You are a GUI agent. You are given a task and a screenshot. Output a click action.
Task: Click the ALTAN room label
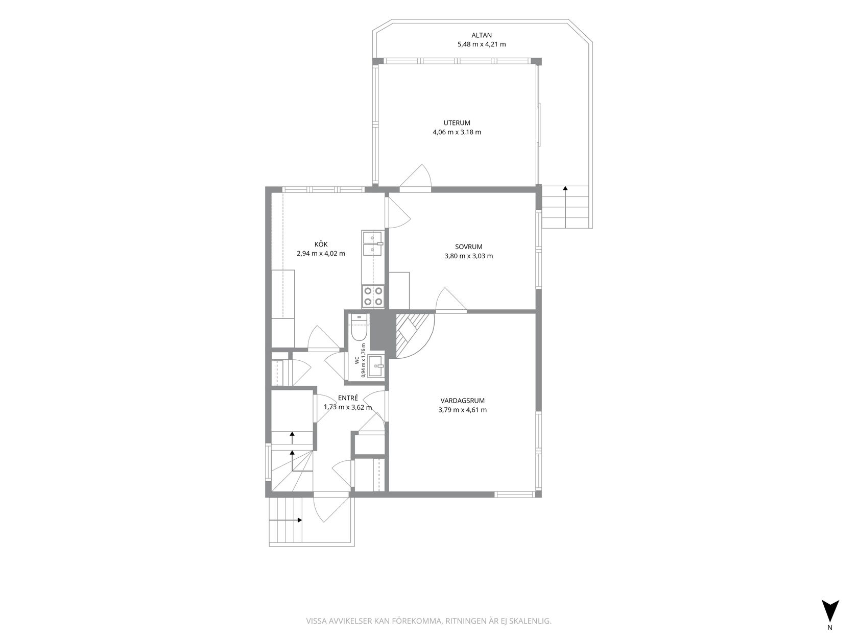(482, 35)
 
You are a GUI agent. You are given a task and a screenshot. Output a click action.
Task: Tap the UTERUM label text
(457, 123)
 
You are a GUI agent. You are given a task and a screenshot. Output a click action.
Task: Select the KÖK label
(321, 244)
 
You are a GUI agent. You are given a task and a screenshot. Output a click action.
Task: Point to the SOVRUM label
(468, 246)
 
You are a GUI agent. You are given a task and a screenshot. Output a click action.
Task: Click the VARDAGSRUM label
(462, 401)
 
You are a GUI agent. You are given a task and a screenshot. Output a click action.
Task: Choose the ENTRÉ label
(348, 398)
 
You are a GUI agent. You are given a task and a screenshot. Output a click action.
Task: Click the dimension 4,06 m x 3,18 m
(457, 132)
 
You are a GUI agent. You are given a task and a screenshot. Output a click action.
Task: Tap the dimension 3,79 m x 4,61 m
(462, 410)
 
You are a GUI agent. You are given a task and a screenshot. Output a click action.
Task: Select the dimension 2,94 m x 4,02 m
(321, 254)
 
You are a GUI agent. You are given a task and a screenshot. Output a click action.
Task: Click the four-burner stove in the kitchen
(373, 296)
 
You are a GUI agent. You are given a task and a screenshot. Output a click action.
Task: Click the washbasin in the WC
(376, 366)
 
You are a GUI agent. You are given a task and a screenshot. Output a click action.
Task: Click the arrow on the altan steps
(565, 207)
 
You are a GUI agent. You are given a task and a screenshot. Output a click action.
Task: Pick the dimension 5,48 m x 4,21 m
(482, 44)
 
